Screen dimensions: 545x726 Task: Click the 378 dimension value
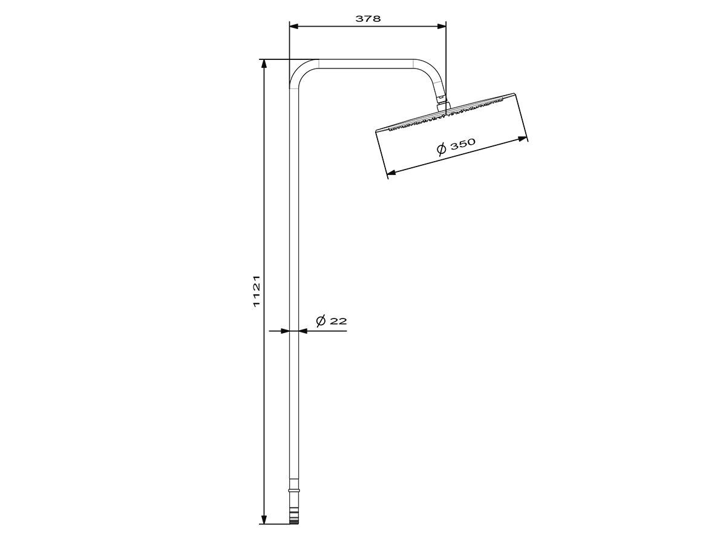pyautogui.click(x=368, y=18)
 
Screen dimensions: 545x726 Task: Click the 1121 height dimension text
pyautogui.click(x=257, y=291)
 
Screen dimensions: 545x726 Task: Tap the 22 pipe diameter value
pyautogui.click(x=339, y=321)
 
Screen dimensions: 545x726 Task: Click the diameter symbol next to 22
pyautogui.click(x=321, y=320)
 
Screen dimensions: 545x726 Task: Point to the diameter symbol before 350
pyautogui.click(x=441, y=150)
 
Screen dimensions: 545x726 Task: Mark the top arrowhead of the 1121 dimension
pyautogui.click(x=264, y=64)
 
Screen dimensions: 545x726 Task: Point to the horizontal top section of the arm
pyautogui.click(x=366, y=63)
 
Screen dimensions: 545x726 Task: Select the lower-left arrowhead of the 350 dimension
pyautogui.click(x=391, y=173)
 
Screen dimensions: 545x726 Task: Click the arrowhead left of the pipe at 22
pyautogui.click(x=285, y=331)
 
